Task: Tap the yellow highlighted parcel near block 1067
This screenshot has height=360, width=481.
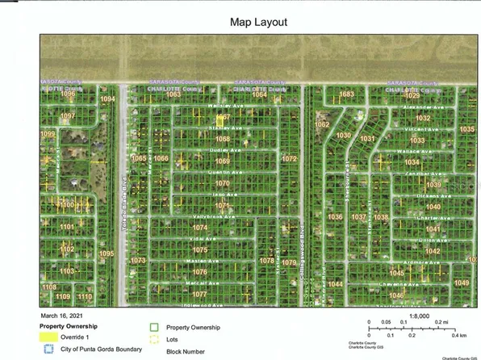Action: click(x=215, y=118)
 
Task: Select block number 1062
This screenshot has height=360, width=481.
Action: click(x=322, y=125)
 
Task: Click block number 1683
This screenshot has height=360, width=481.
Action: click(x=346, y=94)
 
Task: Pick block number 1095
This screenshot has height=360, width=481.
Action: click(x=107, y=253)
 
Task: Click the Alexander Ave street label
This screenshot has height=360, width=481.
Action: click(x=419, y=107)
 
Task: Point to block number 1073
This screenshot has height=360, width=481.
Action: click(x=138, y=260)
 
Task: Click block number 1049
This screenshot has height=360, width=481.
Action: click(x=462, y=283)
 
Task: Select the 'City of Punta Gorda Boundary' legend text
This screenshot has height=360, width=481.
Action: click(x=102, y=350)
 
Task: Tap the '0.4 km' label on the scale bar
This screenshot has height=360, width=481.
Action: click(x=459, y=335)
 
